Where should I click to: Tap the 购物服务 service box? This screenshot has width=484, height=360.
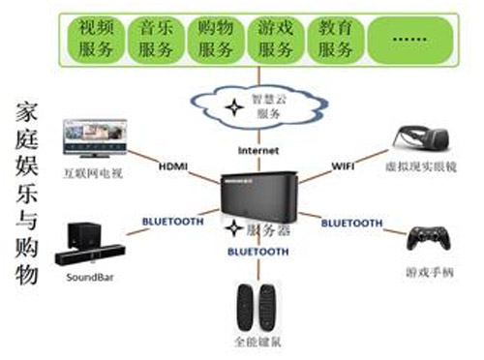[216, 37]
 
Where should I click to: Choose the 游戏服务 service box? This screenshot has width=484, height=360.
[276, 37]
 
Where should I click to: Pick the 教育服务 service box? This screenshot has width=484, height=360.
[335, 37]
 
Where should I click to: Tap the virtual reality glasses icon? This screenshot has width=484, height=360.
[417, 139]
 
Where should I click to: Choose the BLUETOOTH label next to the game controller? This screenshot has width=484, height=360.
[351, 223]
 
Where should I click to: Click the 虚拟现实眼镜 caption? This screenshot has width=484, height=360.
[418, 165]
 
